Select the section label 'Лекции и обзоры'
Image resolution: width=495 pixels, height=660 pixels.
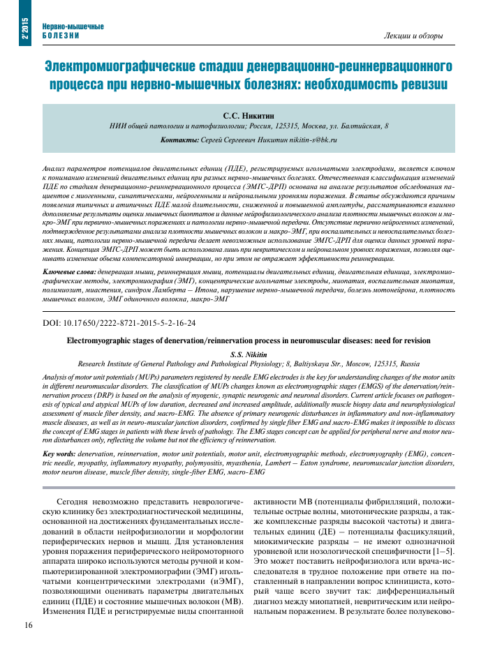pos(413,35)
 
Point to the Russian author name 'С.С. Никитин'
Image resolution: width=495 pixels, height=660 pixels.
pos(248,114)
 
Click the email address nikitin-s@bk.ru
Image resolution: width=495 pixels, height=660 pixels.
pos(305,140)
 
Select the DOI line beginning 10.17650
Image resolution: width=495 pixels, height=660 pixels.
pos(119,323)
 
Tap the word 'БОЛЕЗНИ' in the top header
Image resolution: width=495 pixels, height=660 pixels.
pos(60,35)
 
